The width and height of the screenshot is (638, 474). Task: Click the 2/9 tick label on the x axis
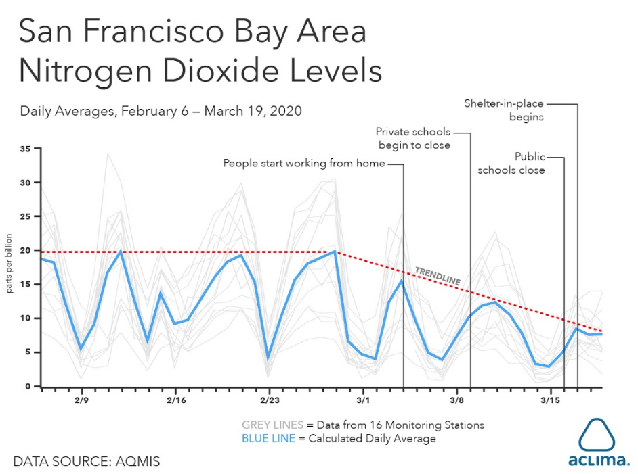coord(81,400)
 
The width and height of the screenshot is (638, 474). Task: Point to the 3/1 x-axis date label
coord(363,400)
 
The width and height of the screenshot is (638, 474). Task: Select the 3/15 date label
coord(550,400)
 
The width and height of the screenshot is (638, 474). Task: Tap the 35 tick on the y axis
coord(25,149)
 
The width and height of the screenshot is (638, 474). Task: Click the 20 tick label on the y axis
coord(25,250)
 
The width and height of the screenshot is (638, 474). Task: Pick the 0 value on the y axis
coord(28,386)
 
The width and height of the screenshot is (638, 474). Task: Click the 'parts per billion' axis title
coord(9,263)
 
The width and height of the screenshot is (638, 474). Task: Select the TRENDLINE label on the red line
coord(438,276)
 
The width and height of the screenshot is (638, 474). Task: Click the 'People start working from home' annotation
coord(304,163)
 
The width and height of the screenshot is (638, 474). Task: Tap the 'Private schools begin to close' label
coord(413,139)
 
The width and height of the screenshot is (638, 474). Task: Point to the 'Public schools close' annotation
coord(511,163)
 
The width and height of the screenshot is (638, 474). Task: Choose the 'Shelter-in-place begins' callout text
coord(504,110)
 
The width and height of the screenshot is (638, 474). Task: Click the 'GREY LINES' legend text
coord(273,425)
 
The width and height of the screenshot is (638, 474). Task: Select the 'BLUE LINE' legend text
coord(268,439)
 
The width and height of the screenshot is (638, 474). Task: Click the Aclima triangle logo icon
coord(597,435)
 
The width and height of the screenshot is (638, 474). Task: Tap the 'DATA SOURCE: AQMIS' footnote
coord(87,461)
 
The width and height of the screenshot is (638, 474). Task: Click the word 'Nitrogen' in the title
coord(85,71)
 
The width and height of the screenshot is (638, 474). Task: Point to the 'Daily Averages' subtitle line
coord(161,111)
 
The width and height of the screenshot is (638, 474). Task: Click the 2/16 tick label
coord(176,400)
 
